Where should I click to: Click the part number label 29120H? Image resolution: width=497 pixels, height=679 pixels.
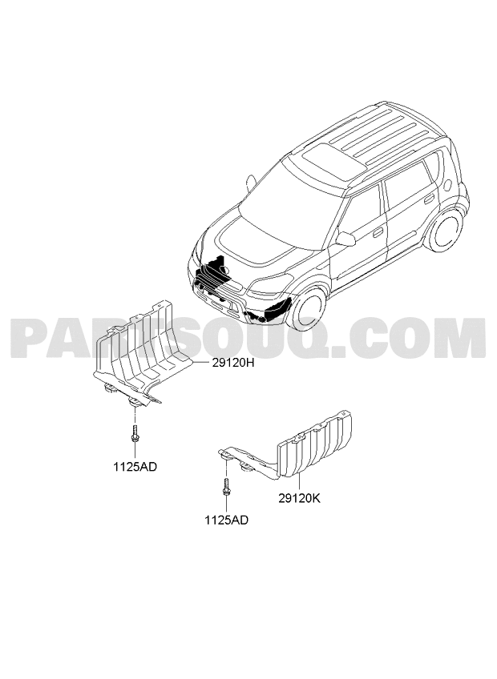(232, 363)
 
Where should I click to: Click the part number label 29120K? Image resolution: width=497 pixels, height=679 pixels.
(299, 498)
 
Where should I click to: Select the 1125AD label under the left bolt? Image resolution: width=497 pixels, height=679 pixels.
(135, 467)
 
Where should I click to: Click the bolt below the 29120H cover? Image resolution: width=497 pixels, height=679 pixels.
(135, 433)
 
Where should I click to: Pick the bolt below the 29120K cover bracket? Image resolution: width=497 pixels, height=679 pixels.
(226, 487)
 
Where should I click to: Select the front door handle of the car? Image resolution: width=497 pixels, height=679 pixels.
(378, 232)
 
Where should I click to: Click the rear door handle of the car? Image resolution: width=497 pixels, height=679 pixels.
(430, 199)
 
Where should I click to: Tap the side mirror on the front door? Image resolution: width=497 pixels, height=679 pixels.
(345, 239)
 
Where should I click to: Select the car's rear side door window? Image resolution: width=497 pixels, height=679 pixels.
(410, 183)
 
